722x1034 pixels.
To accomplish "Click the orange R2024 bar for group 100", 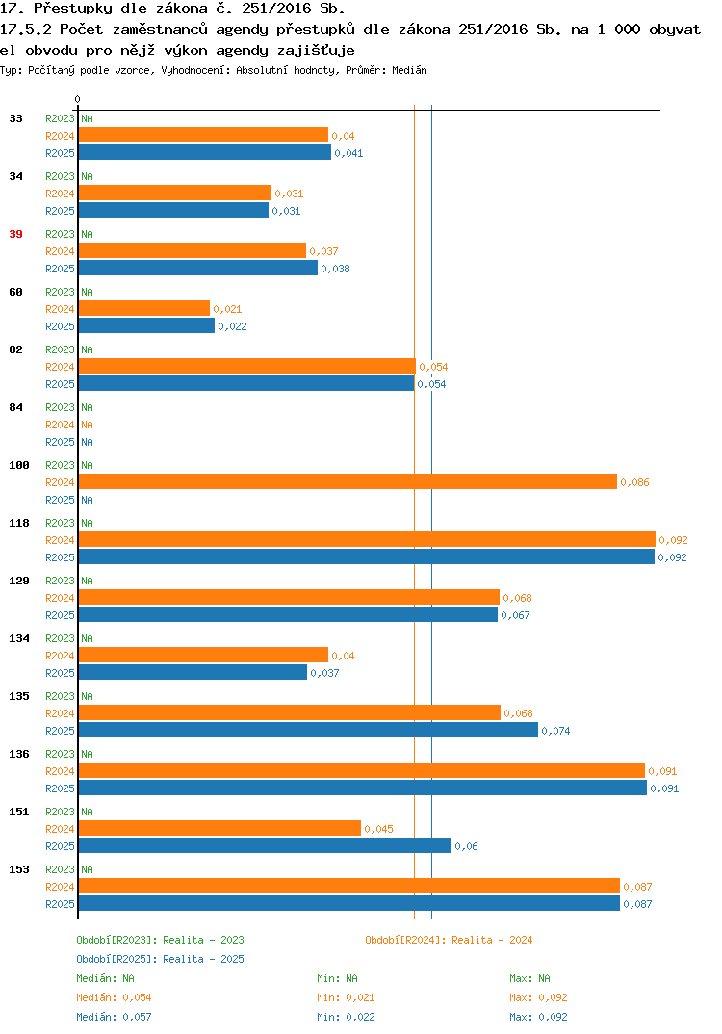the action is point(348,482).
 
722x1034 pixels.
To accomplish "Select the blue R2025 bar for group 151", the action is point(265,846).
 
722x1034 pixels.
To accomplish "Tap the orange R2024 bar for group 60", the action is point(144,309).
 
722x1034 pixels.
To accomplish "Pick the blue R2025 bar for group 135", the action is point(308,731).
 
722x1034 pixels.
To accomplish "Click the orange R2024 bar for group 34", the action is point(175,194).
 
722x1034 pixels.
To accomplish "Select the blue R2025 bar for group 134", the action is point(193,673).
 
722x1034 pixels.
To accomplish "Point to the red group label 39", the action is point(15,234).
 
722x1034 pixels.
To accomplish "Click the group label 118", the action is point(19,523).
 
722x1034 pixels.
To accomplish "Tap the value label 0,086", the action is point(635,482).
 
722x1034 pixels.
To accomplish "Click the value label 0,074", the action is point(555,731).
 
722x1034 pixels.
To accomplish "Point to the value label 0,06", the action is point(466,846).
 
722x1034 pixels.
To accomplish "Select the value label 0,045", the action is point(378,830).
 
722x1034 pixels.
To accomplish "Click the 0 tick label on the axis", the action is point(77,99).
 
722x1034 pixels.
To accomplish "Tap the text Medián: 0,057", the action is point(114,1017).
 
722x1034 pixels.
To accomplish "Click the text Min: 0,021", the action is point(346,997).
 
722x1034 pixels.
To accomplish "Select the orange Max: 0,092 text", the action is point(538,997).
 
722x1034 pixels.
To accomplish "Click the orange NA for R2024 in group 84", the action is point(87,425).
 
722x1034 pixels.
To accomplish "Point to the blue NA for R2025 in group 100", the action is point(87,500).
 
